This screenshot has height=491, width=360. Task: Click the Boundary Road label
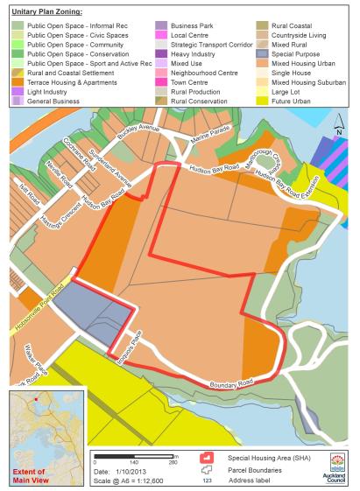[230, 382]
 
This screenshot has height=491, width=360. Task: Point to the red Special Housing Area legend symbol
[208, 457]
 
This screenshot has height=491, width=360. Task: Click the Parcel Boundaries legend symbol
[208, 469]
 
